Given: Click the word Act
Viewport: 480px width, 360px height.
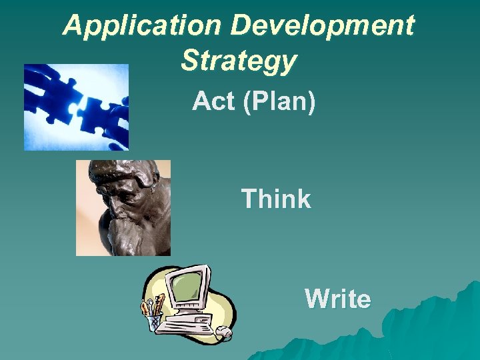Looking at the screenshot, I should pos(213,102).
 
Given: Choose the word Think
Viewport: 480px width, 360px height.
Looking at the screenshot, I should pos(275,199).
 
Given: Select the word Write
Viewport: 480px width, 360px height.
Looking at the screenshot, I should pos(337,299).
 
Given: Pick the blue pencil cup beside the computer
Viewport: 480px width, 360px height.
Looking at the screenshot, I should pos(155,321).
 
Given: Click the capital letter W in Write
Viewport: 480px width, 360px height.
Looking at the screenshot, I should pos(316,299).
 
